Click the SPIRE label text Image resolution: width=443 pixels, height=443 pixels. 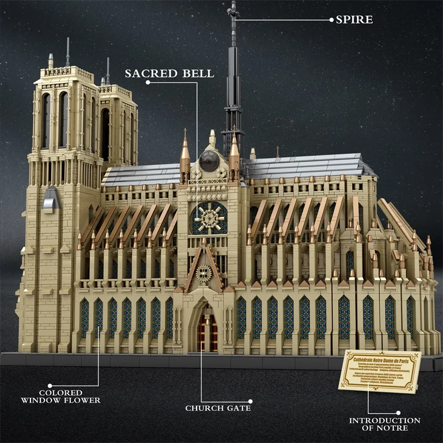click(x=354, y=20)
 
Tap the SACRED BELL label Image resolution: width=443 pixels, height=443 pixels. click(x=169, y=74)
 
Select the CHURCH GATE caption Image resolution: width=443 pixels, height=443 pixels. click(x=218, y=408)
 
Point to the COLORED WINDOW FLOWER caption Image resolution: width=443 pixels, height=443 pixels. click(x=61, y=396)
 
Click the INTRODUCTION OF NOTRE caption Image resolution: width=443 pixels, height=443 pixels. click(x=384, y=424)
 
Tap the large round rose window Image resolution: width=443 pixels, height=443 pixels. click(x=209, y=218)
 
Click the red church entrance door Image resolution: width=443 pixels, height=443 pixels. click(x=208, y=334)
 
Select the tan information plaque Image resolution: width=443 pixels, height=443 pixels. click(x=383, y=370)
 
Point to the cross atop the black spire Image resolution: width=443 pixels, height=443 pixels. click(x=233, y=9)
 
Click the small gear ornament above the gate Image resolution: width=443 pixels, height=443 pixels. click(x=204, y=274)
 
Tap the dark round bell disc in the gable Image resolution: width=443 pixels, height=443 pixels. click(x=209, y=161)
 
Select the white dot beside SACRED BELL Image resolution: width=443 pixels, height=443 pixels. click(x=148, y=83)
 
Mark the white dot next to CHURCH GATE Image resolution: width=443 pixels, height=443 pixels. click(x=250, y=401)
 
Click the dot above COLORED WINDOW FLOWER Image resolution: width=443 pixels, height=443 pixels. click(x=49, y=384)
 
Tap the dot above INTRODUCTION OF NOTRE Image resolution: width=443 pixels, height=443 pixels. click(x=398, y=411)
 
